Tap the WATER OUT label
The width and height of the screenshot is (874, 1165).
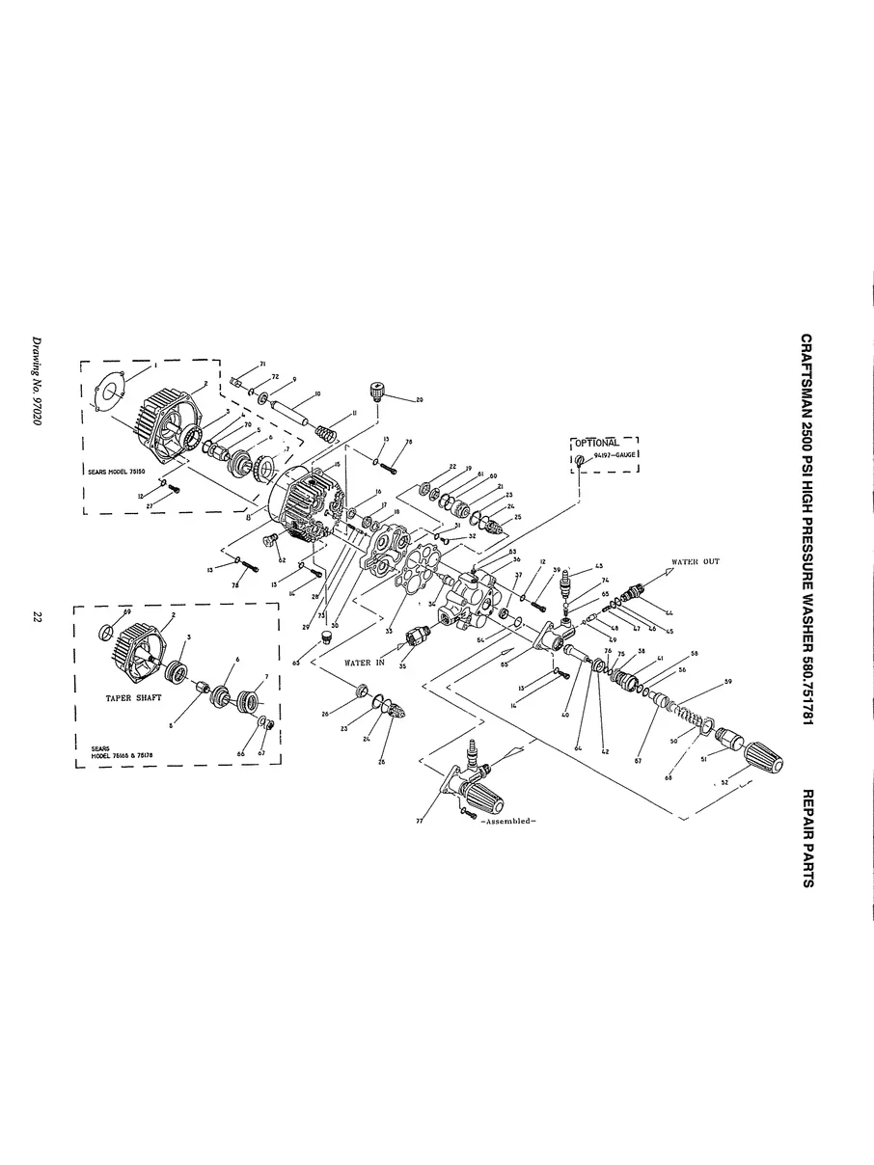696,561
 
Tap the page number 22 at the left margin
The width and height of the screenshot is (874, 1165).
36,617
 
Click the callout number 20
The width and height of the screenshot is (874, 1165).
420,399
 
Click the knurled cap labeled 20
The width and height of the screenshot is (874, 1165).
378,392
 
